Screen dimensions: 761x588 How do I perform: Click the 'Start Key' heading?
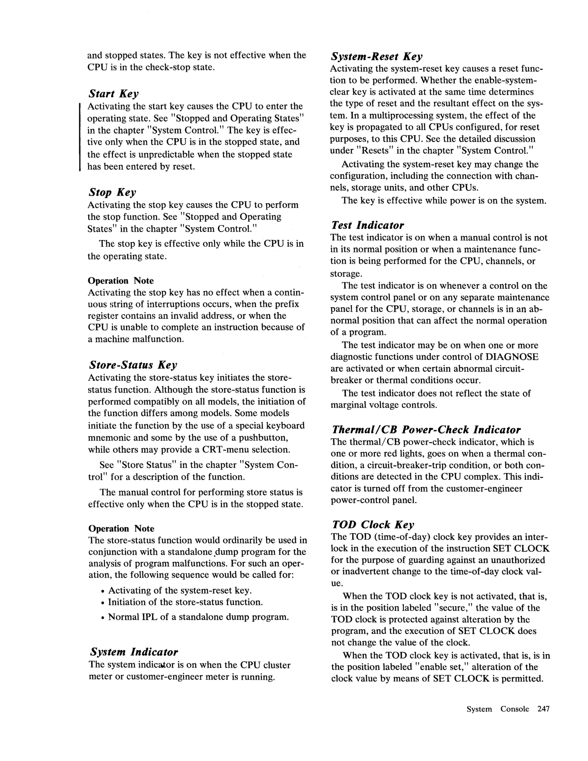pos(114,94)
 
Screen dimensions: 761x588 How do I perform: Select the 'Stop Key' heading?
pos(112,192)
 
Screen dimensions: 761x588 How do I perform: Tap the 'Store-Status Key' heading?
pos(133,365)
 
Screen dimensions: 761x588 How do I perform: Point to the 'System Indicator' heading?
pos(134,652)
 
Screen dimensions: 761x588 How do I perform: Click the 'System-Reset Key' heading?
pos(376,56)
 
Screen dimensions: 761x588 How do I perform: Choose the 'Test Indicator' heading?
pos(367,225)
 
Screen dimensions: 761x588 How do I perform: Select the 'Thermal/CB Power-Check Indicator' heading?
pos(426,430)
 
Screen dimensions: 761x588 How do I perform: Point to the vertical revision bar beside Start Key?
pos(80,136)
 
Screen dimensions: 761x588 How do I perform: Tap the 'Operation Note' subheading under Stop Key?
pos(121,280)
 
